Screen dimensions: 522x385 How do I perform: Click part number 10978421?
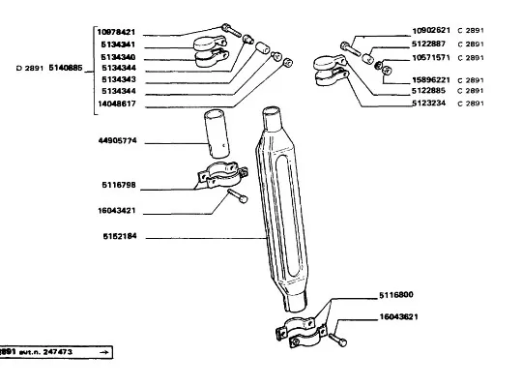[x=116, y=32]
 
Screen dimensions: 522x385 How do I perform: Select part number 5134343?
[x=119, y=79]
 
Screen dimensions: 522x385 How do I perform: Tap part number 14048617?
[x=117, y=104]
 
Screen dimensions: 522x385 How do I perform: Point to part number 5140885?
[x=66, y=68]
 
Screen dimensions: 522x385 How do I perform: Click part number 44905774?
[x=118, y=140]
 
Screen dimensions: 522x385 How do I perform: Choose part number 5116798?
[x=119, y=185]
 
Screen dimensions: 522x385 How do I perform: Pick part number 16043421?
[x=117, y=211]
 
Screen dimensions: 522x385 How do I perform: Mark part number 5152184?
[x=120, y=236]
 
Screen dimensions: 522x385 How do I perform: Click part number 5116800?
[x=396, y=295]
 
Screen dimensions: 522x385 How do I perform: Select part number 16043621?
[x=399, y=316]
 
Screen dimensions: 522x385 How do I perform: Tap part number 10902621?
[x=431, y=30]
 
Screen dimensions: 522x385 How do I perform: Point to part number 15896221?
[x=431, y=80]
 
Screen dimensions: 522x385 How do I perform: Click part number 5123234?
[x=429, y=103]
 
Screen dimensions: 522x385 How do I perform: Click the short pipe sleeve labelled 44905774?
[x=217, y=133]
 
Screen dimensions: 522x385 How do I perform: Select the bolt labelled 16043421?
[x=238, y=196]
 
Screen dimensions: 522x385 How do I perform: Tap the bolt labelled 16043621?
[x=337, y=340]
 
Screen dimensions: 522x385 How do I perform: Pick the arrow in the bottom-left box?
[x=104, y=352]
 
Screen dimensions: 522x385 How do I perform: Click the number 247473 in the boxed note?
[x=58, y=352]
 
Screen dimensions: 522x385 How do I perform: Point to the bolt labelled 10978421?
[x=231, y=30]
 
